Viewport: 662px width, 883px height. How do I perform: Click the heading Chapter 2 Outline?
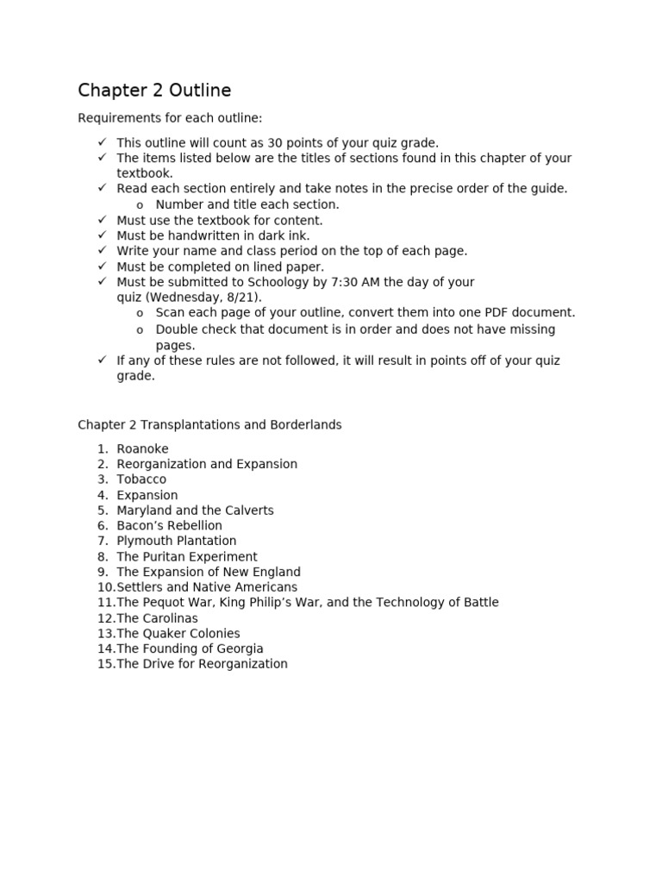(x=154, y=91)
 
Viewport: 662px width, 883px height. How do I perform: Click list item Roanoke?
(x=142, y=448)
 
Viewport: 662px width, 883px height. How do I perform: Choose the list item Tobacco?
(x=141, y=479)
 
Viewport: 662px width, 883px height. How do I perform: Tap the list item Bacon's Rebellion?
(x=169, y=525)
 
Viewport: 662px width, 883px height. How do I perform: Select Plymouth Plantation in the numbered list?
(x=176, y=541)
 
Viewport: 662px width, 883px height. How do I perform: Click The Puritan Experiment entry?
(x=186, y=556)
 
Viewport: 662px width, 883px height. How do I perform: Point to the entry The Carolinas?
(x=157, y=618)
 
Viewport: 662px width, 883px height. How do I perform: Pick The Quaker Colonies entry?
(x=178, y=633)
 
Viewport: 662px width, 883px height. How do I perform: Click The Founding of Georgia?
(x=190, y=648)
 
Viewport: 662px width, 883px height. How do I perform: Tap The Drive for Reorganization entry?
(x=202, y=664)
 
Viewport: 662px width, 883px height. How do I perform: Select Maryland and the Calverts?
(x=195, y=510)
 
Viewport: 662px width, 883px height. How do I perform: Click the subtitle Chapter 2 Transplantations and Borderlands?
(x=209, y=425)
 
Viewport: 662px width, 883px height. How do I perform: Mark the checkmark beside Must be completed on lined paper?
(x=102, y=266)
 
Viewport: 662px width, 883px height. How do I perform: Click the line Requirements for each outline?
(x=170, y=118)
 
